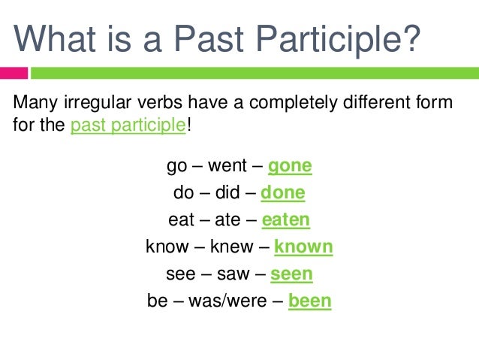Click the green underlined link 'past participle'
(128, 126)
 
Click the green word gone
(290, 165)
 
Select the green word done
(283, 192)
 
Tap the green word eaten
(286, 219)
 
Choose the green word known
(303, 247)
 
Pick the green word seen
(291, 274)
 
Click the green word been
(309, 301)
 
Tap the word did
(228, 192)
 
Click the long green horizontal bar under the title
(255, 74)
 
